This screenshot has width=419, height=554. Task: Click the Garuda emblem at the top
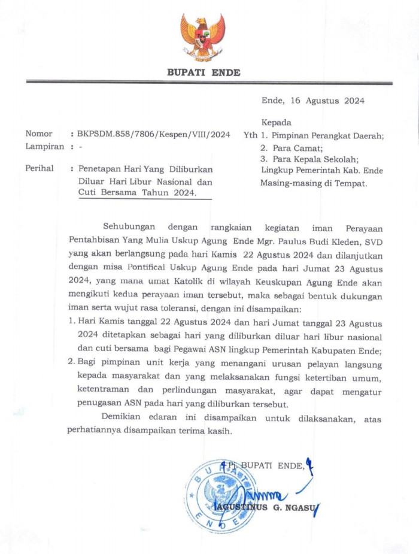coord(203,37)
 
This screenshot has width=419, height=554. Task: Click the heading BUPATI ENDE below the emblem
coord(204,72)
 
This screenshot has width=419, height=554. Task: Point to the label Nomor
coord(39,134)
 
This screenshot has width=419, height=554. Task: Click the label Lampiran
coord(44,146)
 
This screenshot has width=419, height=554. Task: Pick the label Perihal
coord(40,169)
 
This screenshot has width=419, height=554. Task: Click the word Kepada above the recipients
coord(277,122)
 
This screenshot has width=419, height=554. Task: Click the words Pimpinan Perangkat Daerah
coord(326,135)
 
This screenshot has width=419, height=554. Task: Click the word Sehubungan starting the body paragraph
coord(129,226)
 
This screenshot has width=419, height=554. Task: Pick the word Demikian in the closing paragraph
coord(124,418)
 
